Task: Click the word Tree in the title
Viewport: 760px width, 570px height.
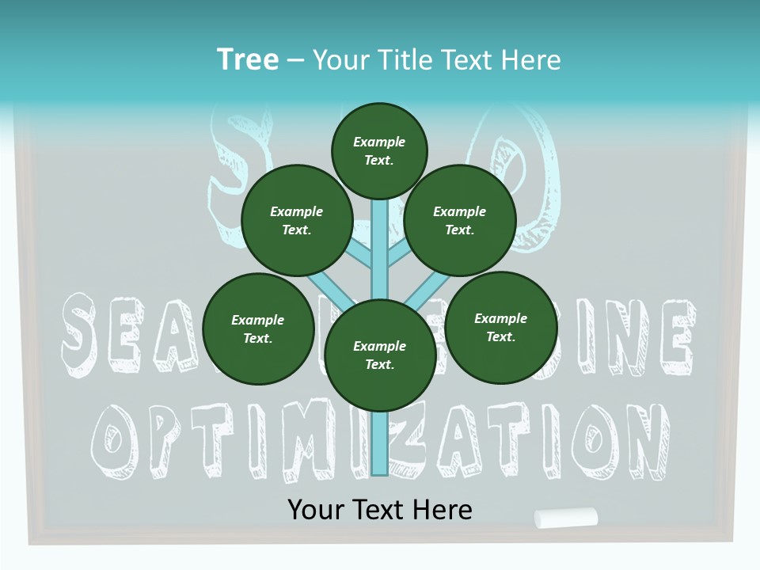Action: tap(248, 59)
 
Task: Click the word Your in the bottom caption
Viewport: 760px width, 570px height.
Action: tap(316, 509)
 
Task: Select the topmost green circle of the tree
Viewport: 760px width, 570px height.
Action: tap(379, 150)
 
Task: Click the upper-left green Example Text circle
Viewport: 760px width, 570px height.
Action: tap(296, 220)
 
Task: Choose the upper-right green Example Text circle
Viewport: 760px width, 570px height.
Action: tap(460, 220)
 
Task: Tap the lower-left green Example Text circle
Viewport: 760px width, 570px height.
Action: tap(258, 329)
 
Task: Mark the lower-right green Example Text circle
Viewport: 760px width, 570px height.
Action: tap(500, 327)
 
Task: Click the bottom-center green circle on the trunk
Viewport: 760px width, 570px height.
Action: tap(379, 355)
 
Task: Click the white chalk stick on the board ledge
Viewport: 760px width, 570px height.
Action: tap(566, 518)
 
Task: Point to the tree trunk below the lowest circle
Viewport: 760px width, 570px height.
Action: tap(379, 443)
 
